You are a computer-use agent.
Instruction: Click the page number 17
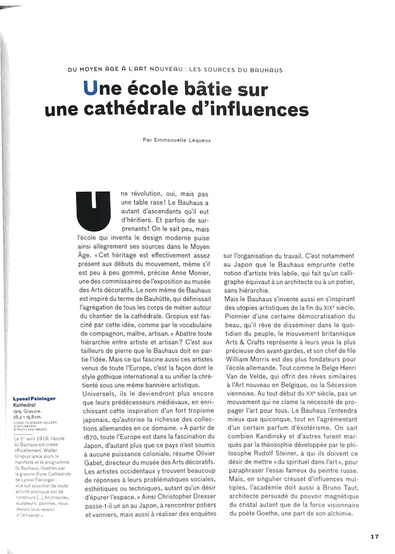click(x=374, y=536)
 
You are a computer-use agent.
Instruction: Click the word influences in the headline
click(x=265, y=109)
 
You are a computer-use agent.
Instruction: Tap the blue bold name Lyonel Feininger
click(x=34, y=399)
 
